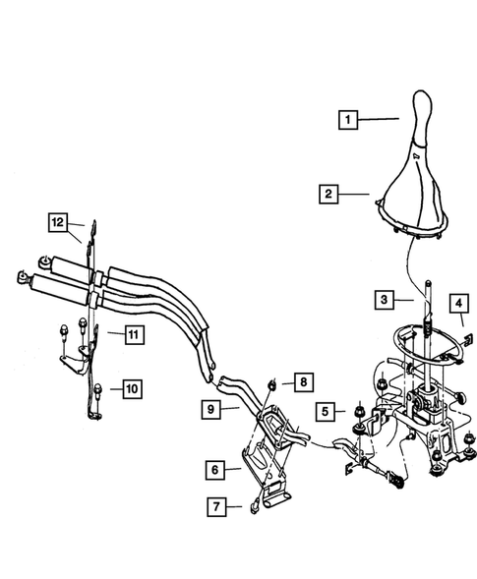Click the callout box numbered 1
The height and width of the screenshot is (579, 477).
[x=346, y=121]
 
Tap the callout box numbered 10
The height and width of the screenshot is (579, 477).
[x=129, y=390]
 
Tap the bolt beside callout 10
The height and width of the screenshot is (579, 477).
[x=99, y=388]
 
